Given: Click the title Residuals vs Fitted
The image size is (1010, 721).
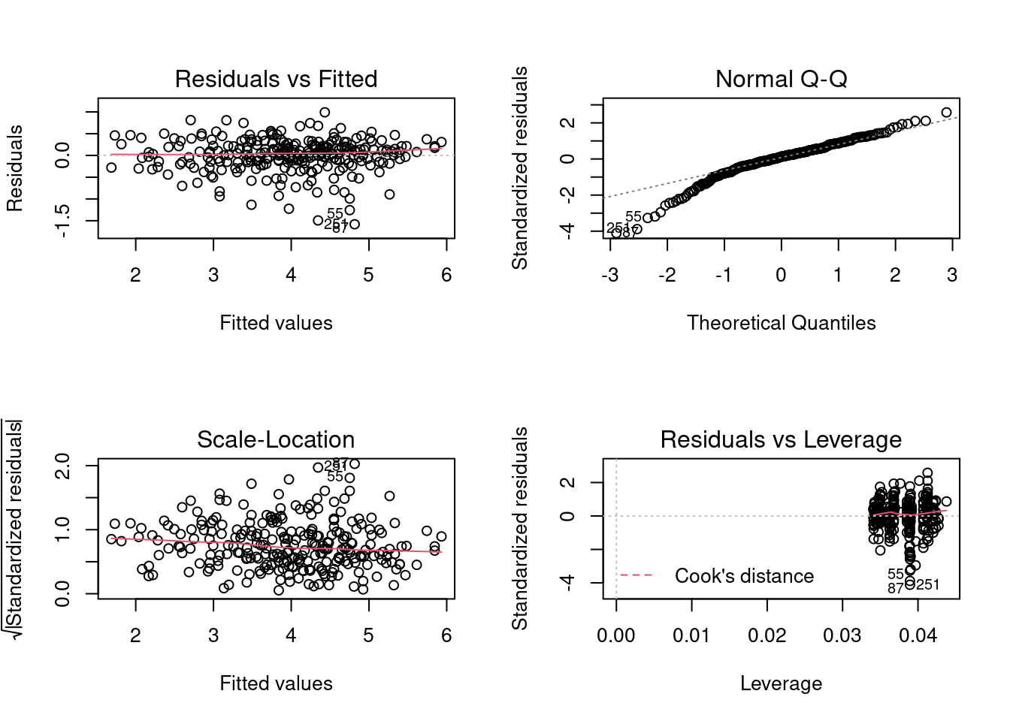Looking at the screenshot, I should click(x=276, y=79).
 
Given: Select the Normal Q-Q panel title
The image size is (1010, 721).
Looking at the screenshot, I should click(x=781, y=79).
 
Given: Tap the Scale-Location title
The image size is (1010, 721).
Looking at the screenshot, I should click(x=276, y=439).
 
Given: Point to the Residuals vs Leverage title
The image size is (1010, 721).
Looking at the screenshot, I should click(x=781, y=439).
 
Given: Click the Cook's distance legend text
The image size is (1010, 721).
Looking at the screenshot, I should click(x=744, y=576).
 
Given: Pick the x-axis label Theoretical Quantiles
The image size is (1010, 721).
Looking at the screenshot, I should click(x=781, y=323).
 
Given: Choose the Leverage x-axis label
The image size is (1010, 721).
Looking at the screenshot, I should click(x=781, y=683).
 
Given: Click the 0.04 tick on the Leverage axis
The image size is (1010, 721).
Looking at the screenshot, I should click(x=918, y=636).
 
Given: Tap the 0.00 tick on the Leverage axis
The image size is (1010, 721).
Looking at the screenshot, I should click(x=616, y=636).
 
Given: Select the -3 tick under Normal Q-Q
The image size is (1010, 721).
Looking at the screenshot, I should click(x=609, y=276).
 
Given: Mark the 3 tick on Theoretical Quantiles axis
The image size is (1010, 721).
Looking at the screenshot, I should click(x=952, y=276).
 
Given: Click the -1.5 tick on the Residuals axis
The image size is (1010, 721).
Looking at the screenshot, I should click(x=63, y=221).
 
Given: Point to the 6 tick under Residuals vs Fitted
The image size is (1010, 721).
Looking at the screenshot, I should click(x=446, y=276).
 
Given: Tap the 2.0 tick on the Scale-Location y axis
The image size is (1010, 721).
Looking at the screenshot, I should click(x=63, y=466).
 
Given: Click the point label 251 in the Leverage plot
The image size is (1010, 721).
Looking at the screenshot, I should click(x=927, y=585).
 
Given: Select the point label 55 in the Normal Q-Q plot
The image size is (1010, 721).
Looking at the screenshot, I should click(x=634, y=217).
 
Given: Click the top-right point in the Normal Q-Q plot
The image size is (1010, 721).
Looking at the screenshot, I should click(x=946, y=113).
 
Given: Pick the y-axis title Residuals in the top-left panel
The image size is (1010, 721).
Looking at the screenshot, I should click(x=15, y=168).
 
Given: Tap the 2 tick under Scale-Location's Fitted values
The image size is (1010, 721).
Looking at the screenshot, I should click(x=135, y=636).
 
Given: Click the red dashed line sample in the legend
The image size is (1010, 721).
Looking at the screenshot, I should click(x=636, y=576).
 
